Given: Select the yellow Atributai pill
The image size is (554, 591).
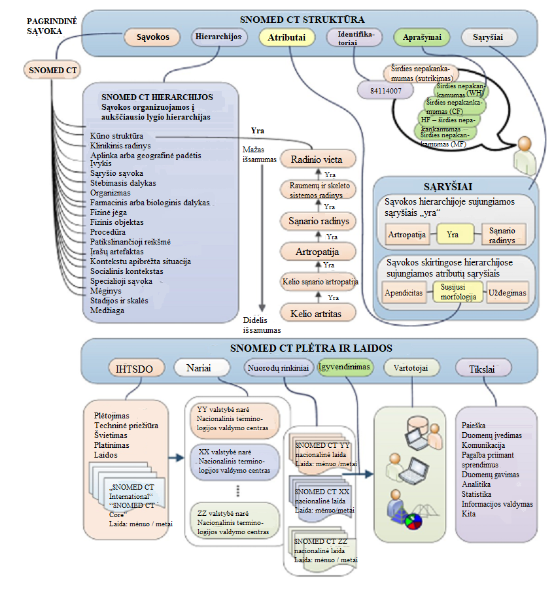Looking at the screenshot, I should (x=286, y=38).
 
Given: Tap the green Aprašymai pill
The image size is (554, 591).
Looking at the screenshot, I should (x=423, y=37).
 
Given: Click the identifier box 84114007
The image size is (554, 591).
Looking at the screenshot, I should (x=386, y=90).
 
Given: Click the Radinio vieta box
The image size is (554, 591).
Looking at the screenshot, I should (x=317, y=159).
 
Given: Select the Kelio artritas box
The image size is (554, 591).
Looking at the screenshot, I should (x=317, y=313).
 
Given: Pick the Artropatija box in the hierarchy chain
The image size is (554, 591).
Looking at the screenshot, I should (x=317, y=251).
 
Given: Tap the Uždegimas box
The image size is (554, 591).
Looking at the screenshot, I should (x=507, y=293).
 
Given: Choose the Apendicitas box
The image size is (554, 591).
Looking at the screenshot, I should (x=404, y=293).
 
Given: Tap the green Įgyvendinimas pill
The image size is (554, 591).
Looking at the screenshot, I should (x=345, y=367).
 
